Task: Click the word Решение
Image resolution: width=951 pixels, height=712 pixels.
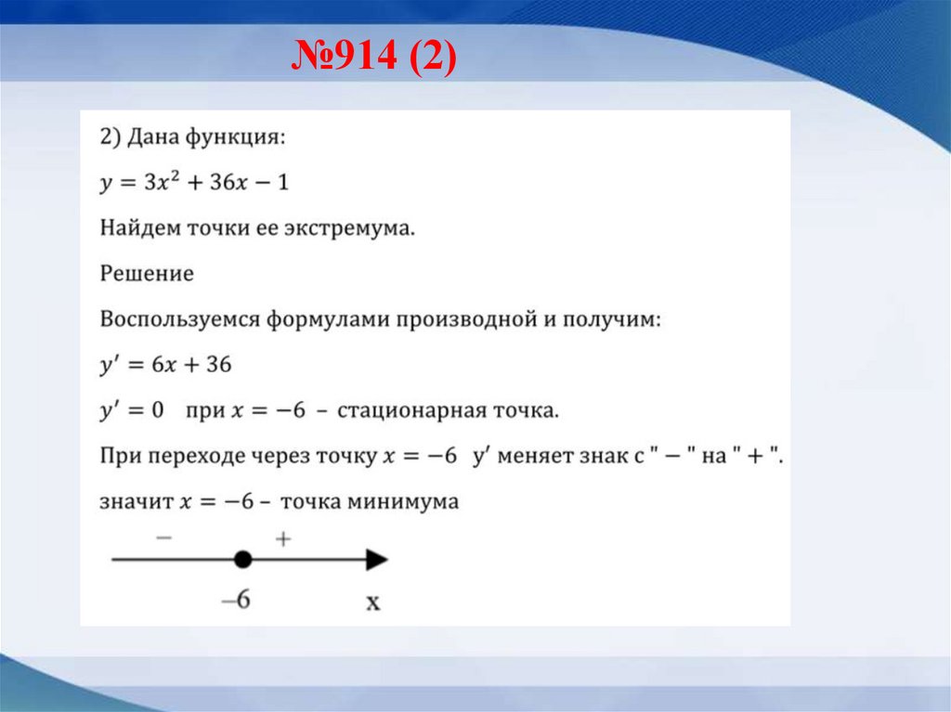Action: (x=147, y=274)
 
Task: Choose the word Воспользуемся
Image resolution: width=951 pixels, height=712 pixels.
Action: (x=180, y=319)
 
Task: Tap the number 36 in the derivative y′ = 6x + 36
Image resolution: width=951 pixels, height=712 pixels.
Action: (x=218, y=365)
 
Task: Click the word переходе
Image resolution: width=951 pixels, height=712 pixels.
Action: (x=197, y=456)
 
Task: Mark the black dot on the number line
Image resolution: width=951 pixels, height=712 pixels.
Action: (x=242, y=559)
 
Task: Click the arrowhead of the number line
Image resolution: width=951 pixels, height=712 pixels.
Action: (x=376, y=559)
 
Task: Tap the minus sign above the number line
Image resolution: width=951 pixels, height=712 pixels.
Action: (x=163, y=538)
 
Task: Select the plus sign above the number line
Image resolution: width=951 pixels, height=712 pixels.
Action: (x=284, y=538)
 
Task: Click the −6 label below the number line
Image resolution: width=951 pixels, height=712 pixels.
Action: (x=236, y=600)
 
